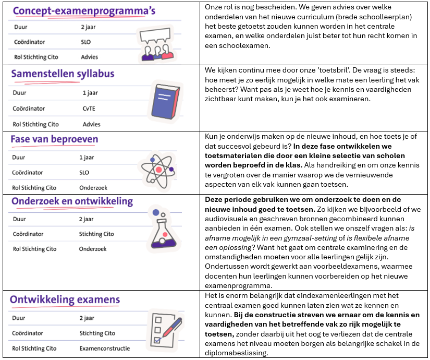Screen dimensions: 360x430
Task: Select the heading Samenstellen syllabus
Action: [x=63, y=75]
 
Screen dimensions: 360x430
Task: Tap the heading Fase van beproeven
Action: [x=54, y=139]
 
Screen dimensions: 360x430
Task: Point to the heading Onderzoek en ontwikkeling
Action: [x=72, y=201]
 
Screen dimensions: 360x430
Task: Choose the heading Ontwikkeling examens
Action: [x=65, y=300]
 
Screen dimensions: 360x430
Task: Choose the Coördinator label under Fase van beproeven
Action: [x=28, y=173]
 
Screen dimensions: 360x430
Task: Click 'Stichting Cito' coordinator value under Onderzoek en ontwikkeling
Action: [x=96, y=234]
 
